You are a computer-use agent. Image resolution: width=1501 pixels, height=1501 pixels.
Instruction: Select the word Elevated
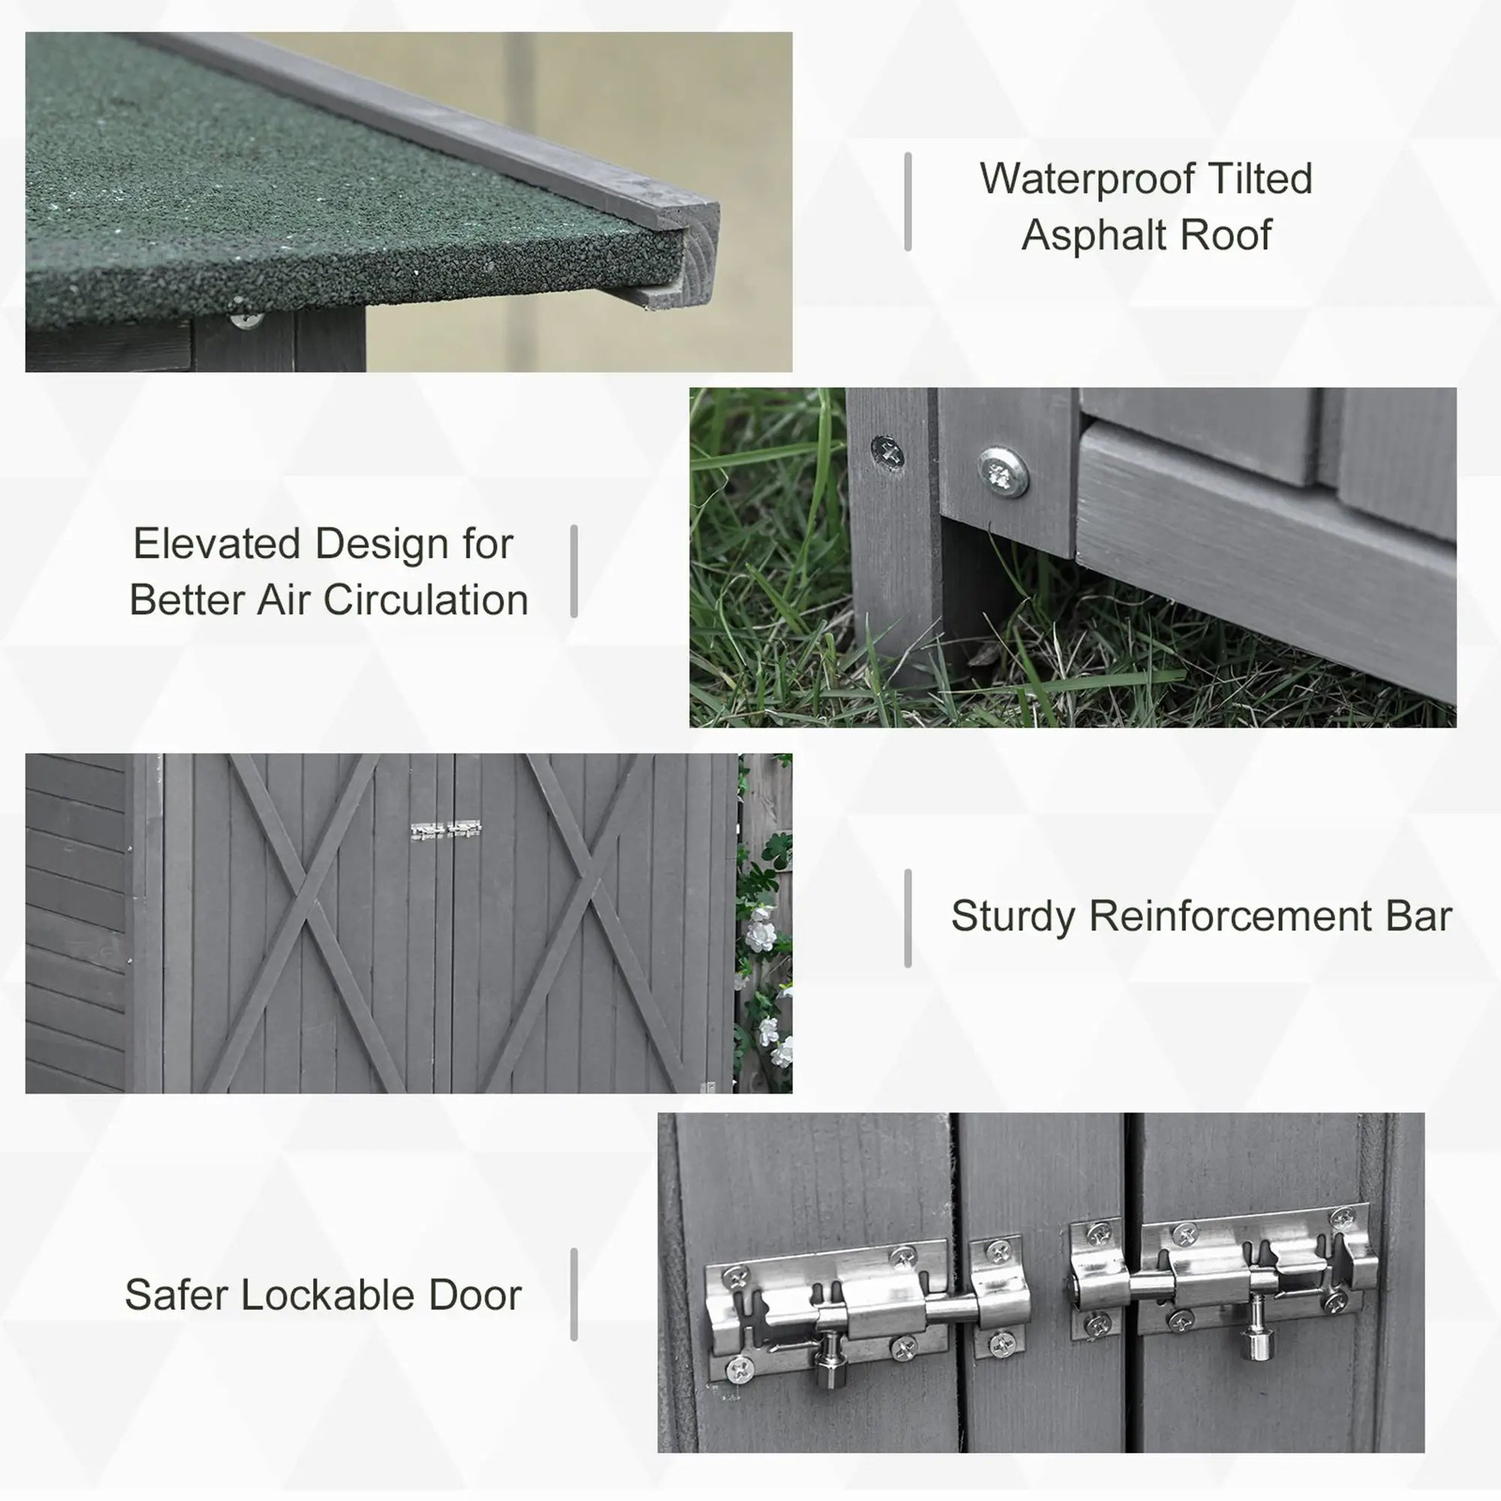pyautogui.click(x=217, y=544)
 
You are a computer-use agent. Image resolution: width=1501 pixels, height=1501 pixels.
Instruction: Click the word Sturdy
pyautogui.click(x=1012, y=916)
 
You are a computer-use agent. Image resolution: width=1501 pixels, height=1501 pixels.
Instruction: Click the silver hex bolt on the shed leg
pyautogui.click(x=1002, y=471)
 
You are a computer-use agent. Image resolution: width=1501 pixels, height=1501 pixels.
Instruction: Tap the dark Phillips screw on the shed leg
pyautogui.click(x=888, y=451)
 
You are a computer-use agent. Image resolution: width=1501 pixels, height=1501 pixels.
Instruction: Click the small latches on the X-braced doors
pyautogui.click(x=446, y=831)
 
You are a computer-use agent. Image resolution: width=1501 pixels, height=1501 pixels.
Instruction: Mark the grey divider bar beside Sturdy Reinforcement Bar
pyautogui.click(x=907, y=919)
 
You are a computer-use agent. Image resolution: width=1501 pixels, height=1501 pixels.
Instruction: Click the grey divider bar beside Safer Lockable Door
pyautogui.click(x=573, y=1294)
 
